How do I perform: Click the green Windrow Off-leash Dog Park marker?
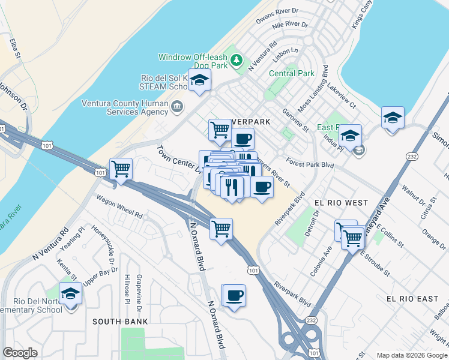[238, 60]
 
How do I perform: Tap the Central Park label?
[292, 73]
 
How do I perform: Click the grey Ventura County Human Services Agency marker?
[177, 107]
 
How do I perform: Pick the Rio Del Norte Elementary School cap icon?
[71, 295]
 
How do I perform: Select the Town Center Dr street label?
[179, 159]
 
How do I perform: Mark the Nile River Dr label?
[290, 26]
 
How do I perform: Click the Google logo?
[20, 353]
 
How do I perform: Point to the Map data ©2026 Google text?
[412, 355]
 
